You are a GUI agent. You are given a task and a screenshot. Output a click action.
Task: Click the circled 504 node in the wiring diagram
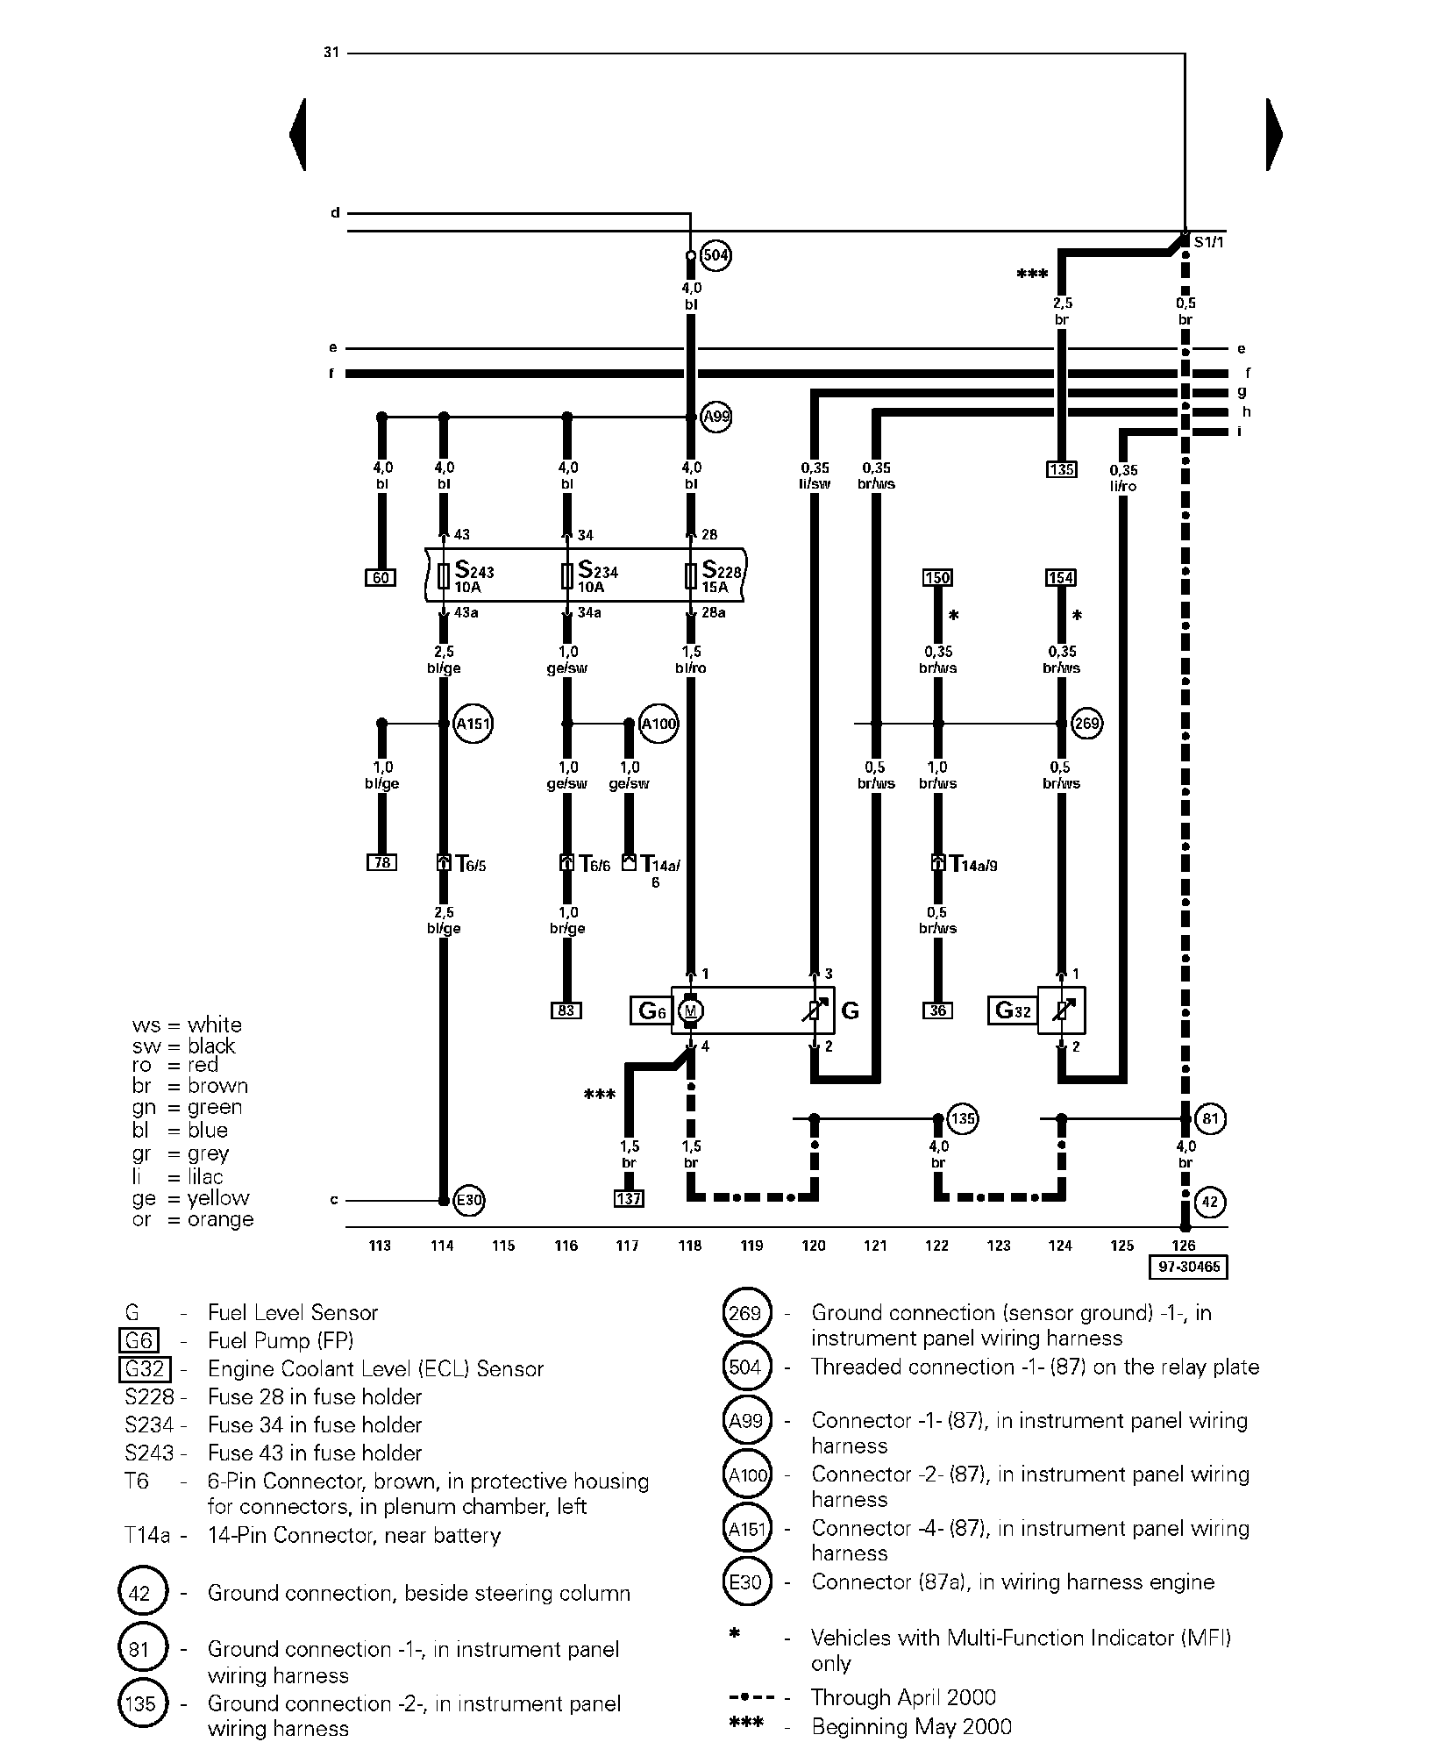(716, 255)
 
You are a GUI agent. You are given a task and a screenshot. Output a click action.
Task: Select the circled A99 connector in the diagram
(716, 417)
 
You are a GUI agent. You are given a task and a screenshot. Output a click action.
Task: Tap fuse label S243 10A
(473, 577)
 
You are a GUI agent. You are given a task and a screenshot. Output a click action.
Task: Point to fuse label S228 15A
(721, 577)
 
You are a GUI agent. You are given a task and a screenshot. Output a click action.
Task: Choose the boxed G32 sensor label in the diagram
(1013, 1010)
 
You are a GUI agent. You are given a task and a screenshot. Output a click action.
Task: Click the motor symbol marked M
(691, 1011)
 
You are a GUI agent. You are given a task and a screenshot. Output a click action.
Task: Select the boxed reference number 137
(629, 1198)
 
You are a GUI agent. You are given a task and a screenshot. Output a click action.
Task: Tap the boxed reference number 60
(381, 577)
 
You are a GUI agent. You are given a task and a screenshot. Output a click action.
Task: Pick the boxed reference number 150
(937, 577)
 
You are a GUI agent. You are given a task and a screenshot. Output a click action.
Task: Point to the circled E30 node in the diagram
(469, 1200)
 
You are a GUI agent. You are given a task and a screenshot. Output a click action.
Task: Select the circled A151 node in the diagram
(473, 724)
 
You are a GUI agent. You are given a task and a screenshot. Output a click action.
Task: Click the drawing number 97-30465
(1188, 1267)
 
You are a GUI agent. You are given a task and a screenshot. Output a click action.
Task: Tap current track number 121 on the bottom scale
(875, 1245)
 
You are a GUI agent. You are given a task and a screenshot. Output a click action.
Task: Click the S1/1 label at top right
(1208, 241)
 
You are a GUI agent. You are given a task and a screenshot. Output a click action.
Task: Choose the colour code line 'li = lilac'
(178, 1176)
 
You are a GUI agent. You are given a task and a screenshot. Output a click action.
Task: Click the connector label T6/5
(471, 865)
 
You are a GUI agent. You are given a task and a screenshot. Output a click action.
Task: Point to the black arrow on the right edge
(1274, 134)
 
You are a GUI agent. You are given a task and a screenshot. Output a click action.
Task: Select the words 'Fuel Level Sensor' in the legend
(293, 1312)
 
